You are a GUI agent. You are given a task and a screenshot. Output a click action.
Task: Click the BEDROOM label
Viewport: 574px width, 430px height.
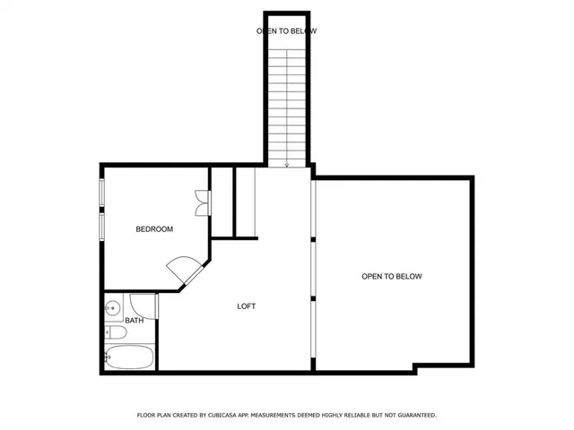(x=154, y=229)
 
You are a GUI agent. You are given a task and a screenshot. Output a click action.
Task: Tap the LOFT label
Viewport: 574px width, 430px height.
(x=246, y=306)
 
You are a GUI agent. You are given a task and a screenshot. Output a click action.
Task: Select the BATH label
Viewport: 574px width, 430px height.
(x=134, y=321)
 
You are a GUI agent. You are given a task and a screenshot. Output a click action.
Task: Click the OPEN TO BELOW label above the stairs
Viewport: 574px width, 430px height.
(x=286, y=31)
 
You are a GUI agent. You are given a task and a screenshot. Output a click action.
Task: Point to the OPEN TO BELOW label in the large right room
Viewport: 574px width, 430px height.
(x=391, y=277)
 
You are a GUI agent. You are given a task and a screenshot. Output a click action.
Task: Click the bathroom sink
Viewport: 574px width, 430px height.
(x=112, y=309)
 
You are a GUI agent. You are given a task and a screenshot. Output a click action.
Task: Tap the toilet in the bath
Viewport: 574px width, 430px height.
(x=115, y=334)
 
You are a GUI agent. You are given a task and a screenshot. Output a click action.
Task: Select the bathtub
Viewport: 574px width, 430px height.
(x=131, y=357)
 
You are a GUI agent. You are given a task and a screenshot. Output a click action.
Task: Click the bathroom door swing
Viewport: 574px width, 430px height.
(x=141, y=303)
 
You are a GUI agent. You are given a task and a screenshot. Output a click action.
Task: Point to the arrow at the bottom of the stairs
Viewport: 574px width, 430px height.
(x=286, y=163)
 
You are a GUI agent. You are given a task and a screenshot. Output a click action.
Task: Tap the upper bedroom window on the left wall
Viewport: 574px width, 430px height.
(x=101, y=193)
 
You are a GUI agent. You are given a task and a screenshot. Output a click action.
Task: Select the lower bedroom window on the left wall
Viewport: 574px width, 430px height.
(x=101, y=227)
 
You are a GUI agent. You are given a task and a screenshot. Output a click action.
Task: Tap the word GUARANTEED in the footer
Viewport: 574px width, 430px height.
(x=413, y=416)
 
